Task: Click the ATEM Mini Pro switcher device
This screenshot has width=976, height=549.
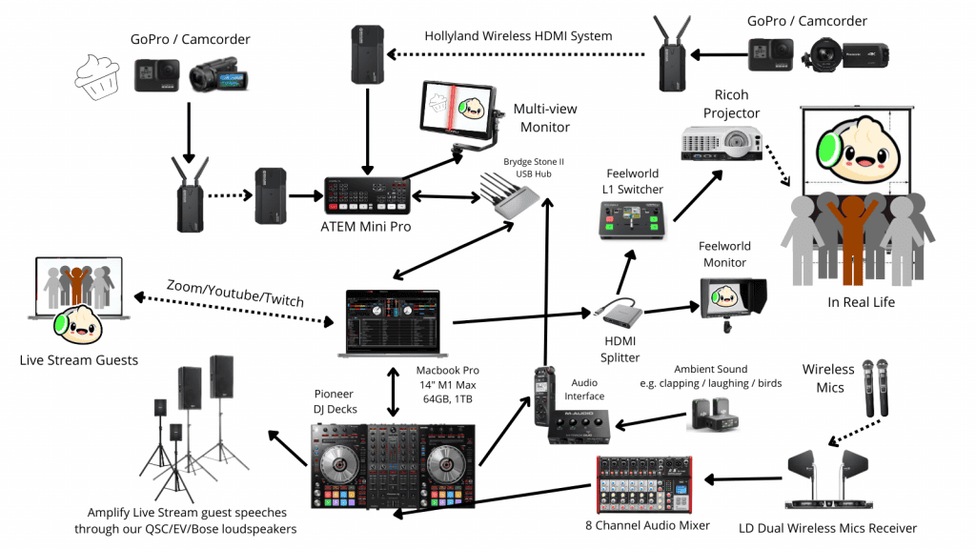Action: (x=367, y=196)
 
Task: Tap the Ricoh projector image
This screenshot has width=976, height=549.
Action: (x=722, y=143)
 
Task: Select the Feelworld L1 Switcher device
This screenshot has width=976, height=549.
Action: (x=632, y=220)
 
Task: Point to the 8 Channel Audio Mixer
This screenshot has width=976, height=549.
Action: (x=644, y=484)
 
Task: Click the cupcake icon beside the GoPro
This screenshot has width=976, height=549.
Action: (x=97, y=76)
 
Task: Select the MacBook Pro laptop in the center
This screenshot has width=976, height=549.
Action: (x=393, y=323)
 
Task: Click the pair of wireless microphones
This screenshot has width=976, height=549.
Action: (x=875, y=387)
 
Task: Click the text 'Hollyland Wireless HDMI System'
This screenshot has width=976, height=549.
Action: (x=518, y=36)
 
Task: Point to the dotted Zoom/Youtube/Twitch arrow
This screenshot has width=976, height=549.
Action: (x=234, y=310)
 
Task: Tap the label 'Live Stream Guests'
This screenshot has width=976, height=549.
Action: (x=79, y=359)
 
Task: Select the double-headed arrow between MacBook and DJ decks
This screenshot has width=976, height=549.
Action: (x=393, y=392)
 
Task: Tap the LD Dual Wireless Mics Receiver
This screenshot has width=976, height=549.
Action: (x=828, y=479)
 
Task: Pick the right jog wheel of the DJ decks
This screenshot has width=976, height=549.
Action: (x=446, y=463)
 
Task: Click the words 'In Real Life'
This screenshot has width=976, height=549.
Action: (x=861, y=302)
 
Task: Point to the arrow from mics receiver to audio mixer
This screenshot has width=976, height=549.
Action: (x=743, y=479)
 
